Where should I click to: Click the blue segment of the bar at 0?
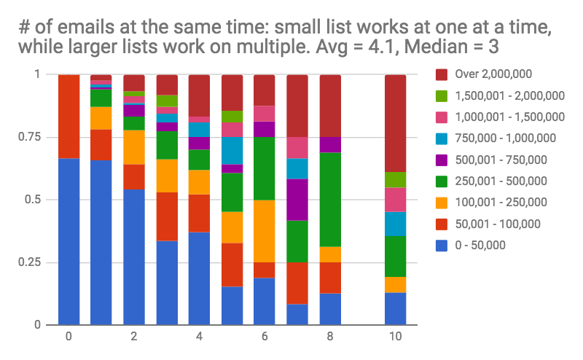pos(69,242)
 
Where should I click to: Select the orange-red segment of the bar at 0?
pos(69,117)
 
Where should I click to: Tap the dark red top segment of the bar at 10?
pos(395,123)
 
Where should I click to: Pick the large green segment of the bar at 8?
pos(330,200)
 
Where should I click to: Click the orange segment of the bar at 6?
pos(265,231)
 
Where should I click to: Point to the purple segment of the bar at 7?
pos(297,200)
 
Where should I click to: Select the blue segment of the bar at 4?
pos(199,278)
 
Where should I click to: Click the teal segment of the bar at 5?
pos(232,151)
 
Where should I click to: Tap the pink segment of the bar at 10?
pos(395,200)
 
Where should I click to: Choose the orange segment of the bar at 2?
pos(134,147)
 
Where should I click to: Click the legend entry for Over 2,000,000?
pos(484,74)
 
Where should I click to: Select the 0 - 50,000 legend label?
pos(480,245)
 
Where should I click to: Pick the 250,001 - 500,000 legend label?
pos(501,181)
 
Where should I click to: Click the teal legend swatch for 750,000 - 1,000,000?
pos(442,138)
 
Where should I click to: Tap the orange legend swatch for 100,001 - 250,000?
pos(442,203)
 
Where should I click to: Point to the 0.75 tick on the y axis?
pos(29,137)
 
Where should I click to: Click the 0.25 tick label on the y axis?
pos(29,262)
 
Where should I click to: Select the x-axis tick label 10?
pos(395,337)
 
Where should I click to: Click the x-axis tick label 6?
pos(265,337)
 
